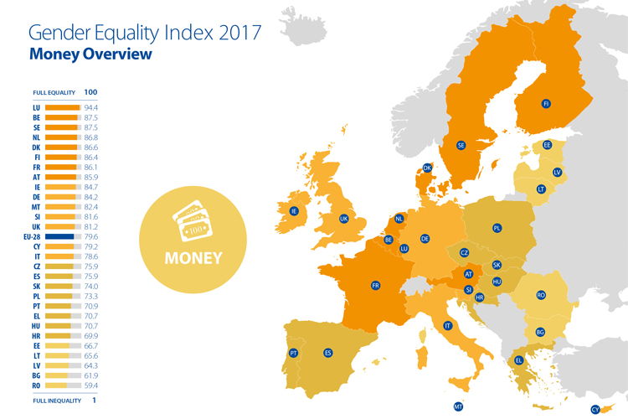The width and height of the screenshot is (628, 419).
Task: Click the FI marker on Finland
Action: point(546,104)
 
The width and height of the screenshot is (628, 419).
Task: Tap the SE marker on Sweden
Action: point(461,145)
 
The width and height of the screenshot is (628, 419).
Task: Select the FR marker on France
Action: point(375,286)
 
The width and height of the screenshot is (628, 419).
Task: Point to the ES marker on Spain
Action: point(327,353)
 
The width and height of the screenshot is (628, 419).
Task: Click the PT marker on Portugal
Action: point(294,353)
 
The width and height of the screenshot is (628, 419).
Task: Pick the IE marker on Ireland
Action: point(294,211)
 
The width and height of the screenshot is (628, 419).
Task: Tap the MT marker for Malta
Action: point(458,406)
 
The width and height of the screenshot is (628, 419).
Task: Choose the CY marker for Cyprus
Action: point(595,409)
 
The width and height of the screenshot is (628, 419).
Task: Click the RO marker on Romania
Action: point(541,295)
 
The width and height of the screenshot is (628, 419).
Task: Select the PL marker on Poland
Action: point(497,228)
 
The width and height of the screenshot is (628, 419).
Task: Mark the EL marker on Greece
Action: point(519,360)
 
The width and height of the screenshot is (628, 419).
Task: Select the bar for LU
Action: point(62,108)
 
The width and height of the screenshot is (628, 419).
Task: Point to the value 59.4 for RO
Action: point(92,387)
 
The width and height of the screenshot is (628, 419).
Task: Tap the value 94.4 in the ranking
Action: point(92,108)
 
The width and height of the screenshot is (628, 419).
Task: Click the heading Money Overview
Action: point(90,54)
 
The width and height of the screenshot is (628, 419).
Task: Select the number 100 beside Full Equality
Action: point(91,92)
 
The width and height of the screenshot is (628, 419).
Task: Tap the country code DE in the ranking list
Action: point(36,197)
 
